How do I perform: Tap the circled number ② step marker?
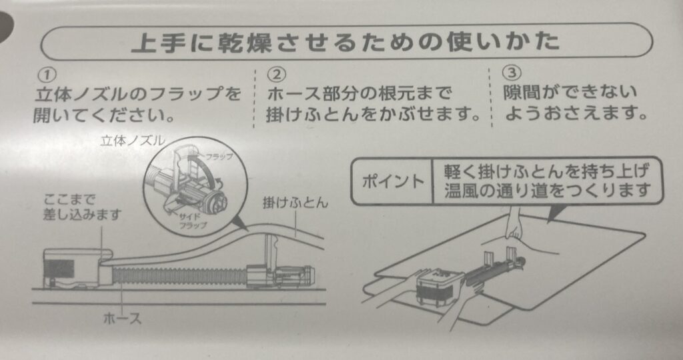coord(276,75)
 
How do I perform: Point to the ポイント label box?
coord(392,181)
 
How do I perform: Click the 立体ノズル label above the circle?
coord(133,140)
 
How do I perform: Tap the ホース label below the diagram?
coord(123,318)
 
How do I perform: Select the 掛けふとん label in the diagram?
coord(295,203)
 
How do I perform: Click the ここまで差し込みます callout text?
coord(81,207)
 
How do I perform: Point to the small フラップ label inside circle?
coord(219,156)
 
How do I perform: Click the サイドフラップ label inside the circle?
coord(192,221)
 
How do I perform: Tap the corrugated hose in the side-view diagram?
coord(179,277)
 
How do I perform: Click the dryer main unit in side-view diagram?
coord(73,268)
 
